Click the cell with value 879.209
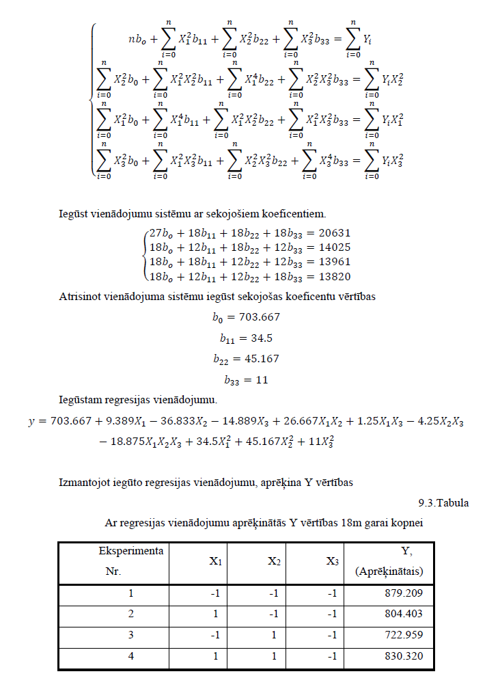coord(406,593)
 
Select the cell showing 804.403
coord(406,614)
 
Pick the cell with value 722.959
coord(406,636)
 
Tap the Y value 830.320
coord(406,657)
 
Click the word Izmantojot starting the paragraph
coord(84,483)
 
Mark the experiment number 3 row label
coord(131,636)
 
